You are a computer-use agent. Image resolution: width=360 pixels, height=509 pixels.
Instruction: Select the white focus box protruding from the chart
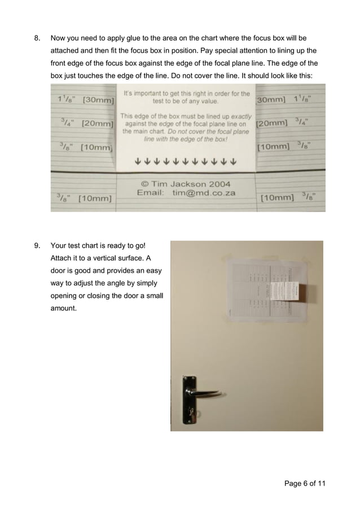296,291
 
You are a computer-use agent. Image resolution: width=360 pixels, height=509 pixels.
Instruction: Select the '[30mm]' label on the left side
98,100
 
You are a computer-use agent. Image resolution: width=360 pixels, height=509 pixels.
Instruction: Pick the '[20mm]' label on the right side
273,123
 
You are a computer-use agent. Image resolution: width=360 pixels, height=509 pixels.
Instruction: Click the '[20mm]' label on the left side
98,123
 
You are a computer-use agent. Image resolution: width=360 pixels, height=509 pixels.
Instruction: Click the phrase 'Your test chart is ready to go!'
98,245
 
